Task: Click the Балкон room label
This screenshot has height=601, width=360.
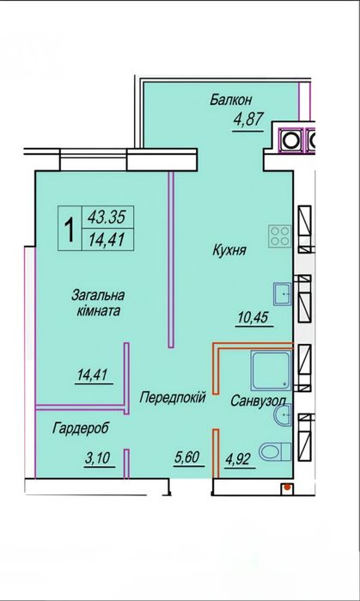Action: tap(230, 100)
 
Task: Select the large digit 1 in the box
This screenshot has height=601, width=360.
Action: tap(68, 229)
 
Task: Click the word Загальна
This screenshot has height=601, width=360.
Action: tap(96, 295)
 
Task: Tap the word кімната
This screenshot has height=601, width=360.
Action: tap(95, 311)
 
